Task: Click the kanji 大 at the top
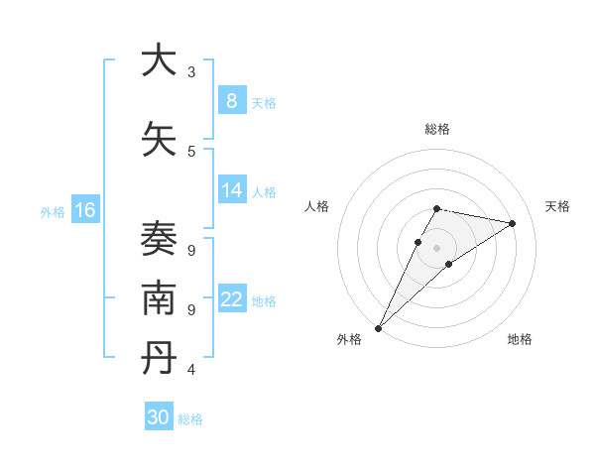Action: click(x=159, y=60)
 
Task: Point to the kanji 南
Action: click(x=159, y=298)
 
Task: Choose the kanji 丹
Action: click(x=159, y=359)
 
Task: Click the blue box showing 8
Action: click(x=231, y=100)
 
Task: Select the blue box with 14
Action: click(x=231, y=190)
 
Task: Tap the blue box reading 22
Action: click(x=231, y=299)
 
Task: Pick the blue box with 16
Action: click(x=84, y=209)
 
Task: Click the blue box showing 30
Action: click(x=159, y=417)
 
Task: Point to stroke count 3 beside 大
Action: click(x=191, y=72)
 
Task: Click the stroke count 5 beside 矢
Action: click(x=191, y=152)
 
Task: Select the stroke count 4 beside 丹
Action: click(x=191, y=370)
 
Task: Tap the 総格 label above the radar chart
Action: click(x=437, y=129)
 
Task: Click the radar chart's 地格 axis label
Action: click(x=520, y=339)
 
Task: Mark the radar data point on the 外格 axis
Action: click(x=378, y=327)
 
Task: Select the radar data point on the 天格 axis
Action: click(x=513, y=223)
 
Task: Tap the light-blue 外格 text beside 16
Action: click(x=53, y=211)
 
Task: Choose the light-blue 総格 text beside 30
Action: click(x=190, y=419)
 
